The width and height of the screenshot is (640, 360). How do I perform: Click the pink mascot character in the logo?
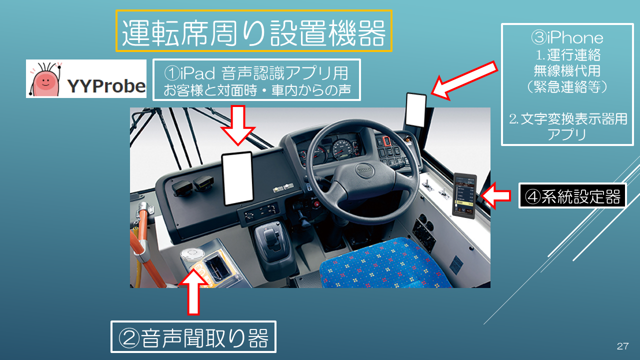(45, 80)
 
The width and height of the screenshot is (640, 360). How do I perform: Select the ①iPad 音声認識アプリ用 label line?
(256, 73)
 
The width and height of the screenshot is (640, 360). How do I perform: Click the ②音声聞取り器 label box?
(193, 337)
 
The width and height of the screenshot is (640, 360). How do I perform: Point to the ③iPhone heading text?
(567, 37)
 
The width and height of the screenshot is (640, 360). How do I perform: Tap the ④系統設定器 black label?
(572, 196)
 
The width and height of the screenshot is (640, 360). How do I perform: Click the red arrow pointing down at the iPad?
(237, 125)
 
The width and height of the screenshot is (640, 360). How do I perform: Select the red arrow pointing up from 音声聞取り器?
(193, 291)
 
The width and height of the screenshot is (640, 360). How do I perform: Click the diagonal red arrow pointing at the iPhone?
(464, 80)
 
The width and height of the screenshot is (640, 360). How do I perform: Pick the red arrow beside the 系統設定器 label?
(495, 196)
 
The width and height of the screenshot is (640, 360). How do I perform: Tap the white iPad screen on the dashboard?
(237, 178)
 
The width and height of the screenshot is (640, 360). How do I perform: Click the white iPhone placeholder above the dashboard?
(415, 110)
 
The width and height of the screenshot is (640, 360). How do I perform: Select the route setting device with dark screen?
(464, 195)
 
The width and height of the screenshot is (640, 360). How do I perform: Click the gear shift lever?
(270, 238)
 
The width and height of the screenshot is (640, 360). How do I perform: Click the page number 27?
(622, 346)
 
